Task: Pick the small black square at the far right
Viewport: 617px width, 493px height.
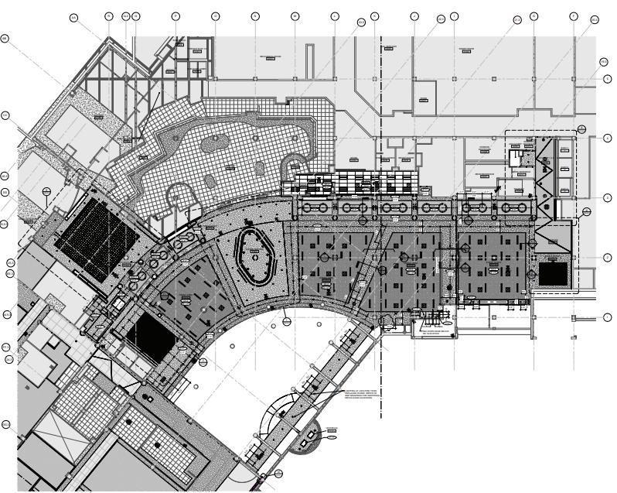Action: point(554,273)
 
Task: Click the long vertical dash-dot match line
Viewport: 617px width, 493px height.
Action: point(381,232)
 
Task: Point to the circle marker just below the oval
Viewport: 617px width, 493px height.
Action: point(286,320)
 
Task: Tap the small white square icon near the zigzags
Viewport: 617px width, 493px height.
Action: point(514,157)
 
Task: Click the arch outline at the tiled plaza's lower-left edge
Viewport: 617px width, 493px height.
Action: point(180,194)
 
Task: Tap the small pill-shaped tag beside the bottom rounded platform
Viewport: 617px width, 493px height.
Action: point(332,438)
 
